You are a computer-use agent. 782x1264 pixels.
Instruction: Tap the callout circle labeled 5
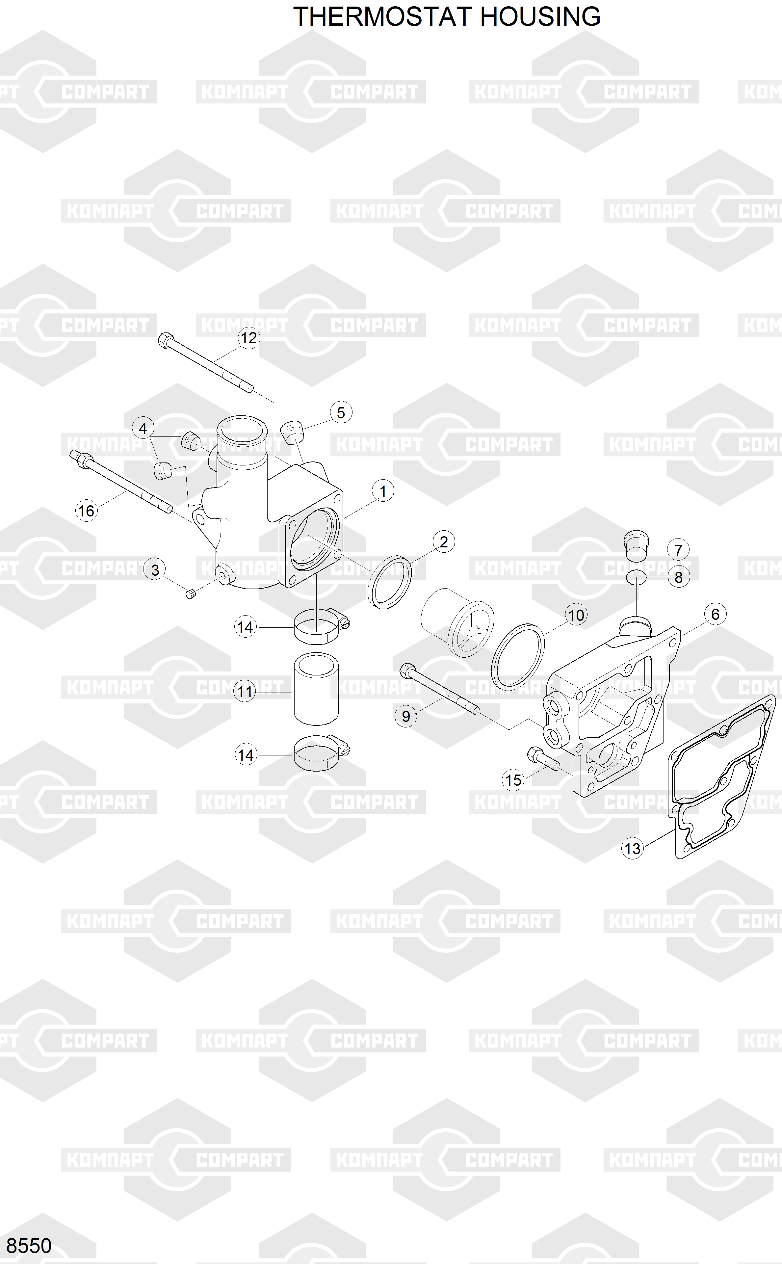pos(341,413)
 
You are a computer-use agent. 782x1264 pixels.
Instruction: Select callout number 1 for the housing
pos(383,491)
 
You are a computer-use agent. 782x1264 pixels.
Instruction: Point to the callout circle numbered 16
pos(86,511)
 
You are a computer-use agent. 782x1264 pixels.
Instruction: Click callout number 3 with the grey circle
pos(155,570)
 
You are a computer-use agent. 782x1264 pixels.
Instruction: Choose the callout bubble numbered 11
pos(245,692)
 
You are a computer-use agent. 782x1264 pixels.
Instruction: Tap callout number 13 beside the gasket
pos(632,848)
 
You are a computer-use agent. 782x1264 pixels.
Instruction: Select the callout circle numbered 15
pos(513,780)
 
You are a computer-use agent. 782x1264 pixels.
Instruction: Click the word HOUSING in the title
pos(540,16)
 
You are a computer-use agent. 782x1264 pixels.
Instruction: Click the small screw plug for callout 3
pos(190,594)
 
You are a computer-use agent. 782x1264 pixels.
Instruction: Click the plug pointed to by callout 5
pos(293,430)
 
